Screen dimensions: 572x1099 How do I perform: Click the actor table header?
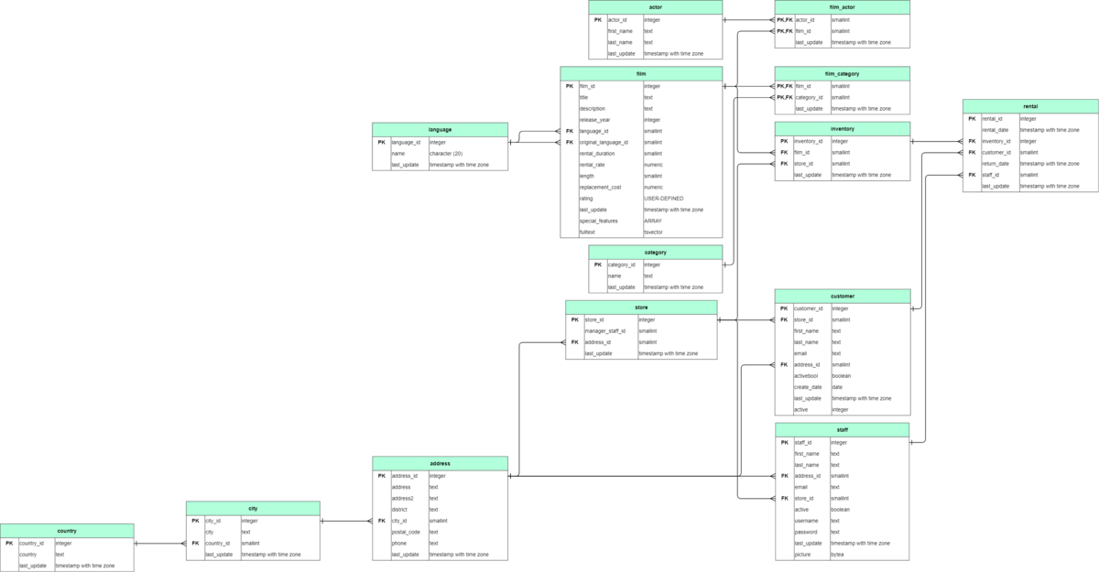tap(655, 6)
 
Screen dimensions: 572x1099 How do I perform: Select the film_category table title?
tap(842, 73)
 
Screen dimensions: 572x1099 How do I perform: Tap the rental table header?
tap(1030, 106)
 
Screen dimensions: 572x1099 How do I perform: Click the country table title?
tap(67, 531)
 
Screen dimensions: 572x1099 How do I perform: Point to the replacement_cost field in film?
tap(600, 187)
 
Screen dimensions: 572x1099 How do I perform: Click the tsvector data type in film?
tap(653, 232)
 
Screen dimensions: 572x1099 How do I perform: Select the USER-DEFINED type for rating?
tap(663, 198)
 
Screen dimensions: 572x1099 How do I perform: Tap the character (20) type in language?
tap(446, 154)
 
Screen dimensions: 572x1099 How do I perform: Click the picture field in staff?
tap(802, 555)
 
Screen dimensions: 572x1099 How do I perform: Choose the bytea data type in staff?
tap(838, 555)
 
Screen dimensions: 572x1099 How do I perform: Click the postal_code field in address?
tap(406, 532)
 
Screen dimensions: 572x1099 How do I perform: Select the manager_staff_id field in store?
tap(605, 331)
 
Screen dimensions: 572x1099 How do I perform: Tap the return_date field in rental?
tap(996, 164)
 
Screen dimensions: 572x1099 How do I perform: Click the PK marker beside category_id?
tap(597, 264)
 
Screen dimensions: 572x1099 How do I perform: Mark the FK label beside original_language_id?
tap(569, 142)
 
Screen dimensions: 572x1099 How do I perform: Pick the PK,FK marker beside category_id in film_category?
tap(784, 97)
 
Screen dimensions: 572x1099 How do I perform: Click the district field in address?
tap(400, 510)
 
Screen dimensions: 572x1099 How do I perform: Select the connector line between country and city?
tap(160, 544)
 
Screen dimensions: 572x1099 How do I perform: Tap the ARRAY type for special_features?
tap(652, 221)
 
